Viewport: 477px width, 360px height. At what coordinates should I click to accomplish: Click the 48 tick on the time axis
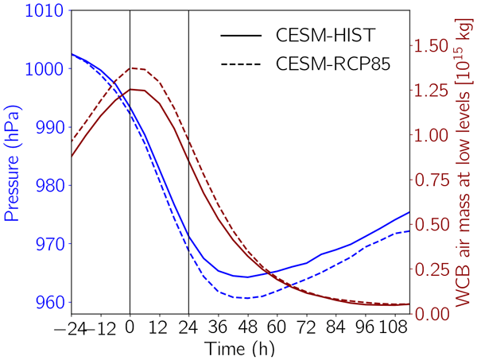tap(247, 327)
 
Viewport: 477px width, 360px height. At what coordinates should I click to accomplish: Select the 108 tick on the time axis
tap(390, 327)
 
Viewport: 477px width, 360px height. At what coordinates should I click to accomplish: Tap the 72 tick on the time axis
tap(306, 327)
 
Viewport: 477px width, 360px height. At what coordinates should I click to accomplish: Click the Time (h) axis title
tap(241, 348)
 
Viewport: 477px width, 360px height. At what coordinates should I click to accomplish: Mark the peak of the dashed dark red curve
tap(131, 68)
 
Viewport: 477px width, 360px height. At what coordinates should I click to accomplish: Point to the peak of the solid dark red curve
tap(131, 89)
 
